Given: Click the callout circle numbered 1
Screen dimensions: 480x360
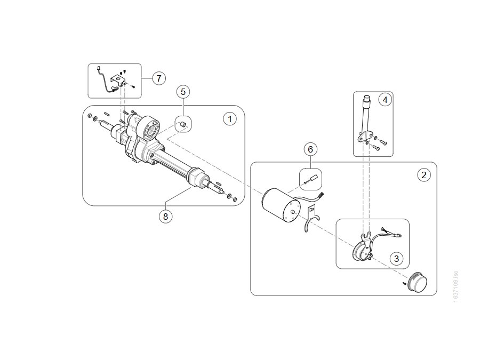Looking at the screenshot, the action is click(x=230, y=119).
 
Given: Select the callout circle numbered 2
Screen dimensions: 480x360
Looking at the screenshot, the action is click(x=424, y=175).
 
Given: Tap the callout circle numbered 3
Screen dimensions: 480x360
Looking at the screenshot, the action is click(x=396, y=259).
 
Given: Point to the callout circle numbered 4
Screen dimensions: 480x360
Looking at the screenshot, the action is click(x=385, y=100).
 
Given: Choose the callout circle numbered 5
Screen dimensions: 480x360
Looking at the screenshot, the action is click(x=183, y=92).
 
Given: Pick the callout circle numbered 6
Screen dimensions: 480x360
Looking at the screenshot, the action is click(x=310, y=149).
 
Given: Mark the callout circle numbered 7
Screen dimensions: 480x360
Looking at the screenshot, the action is click(x=158, y=78).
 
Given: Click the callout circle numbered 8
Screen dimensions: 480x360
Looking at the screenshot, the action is click(x=166, y=217).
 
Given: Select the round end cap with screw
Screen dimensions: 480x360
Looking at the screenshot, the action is click(x=417, y=282).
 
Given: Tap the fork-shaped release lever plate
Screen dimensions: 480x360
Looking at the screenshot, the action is click(x=312, y=219).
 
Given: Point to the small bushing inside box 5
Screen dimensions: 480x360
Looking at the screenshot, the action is click(x=182, y=124).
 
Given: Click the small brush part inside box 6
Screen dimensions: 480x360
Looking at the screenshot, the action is click(x=314, y=178).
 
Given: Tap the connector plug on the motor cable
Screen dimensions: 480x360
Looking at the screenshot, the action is click(x=322, y=195).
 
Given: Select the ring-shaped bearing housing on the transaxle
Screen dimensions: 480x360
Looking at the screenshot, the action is click(x=149, y=129).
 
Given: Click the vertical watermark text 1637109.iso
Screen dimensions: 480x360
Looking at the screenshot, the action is click(x=455, y=286).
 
